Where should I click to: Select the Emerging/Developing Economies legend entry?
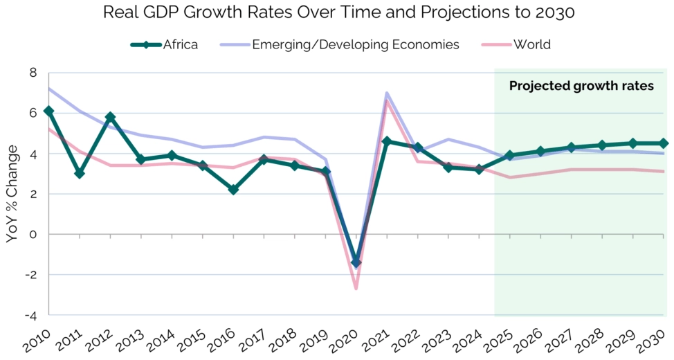point(339,45)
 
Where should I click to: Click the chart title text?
point(337,13)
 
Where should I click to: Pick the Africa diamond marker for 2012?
point(110,117)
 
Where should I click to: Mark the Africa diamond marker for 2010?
point(48,111)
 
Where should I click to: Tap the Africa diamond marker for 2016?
point(233,190)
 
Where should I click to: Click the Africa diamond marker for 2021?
point(387,141)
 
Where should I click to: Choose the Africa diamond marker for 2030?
point(664,143)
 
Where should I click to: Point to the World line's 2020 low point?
point(356,289)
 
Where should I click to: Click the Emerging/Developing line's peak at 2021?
point(386,93)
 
